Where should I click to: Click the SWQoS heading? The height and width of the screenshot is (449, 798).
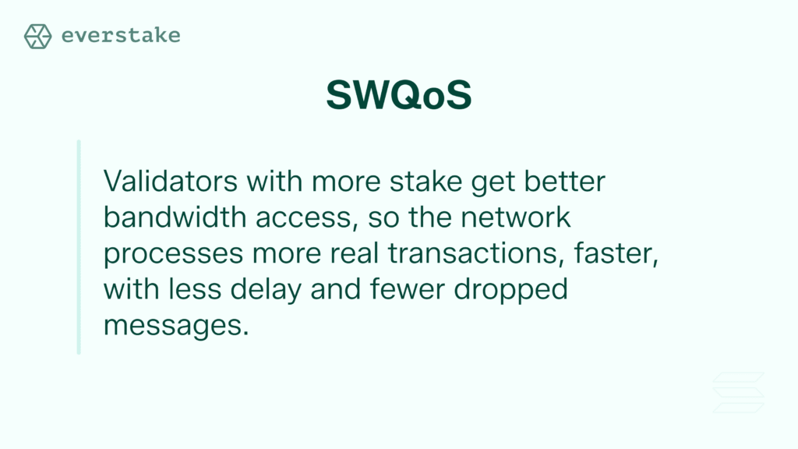pos(398,96)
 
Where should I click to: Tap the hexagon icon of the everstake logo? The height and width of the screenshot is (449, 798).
pos(37,36)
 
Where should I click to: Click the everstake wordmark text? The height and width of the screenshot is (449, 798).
pos(120,36)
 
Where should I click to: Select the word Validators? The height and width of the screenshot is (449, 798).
pos(171,182)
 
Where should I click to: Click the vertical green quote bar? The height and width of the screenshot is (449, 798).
pos(79,247)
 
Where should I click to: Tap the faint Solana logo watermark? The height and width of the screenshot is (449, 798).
pos(739,393)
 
